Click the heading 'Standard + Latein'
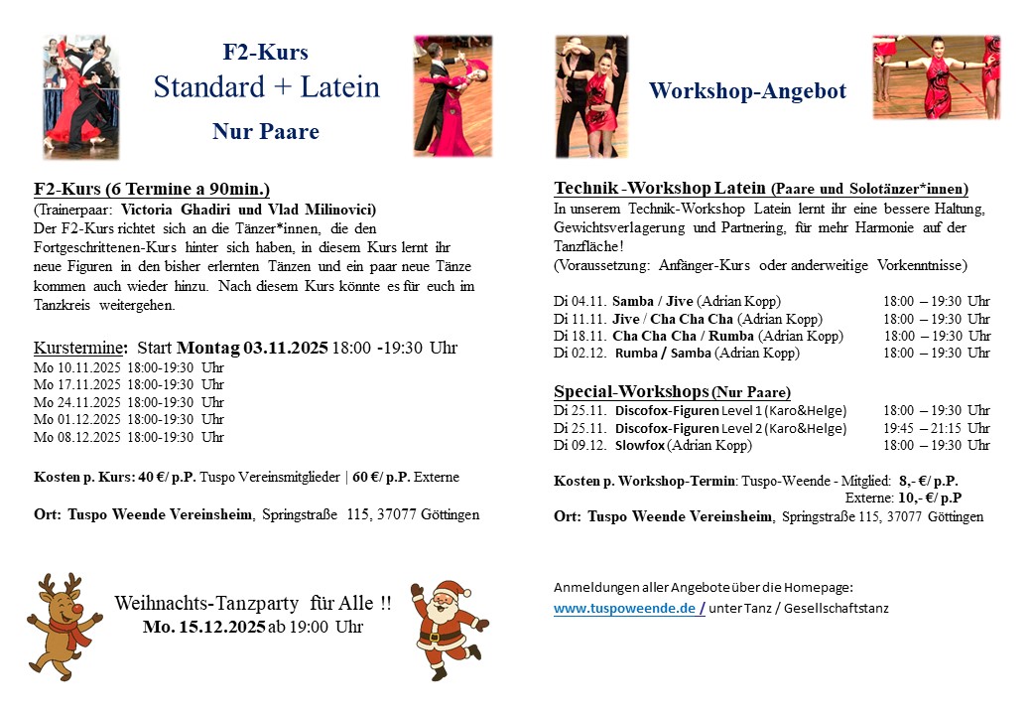tap(266, 87)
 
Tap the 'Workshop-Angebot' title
tap(747, 91)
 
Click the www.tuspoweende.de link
tap(625, 609)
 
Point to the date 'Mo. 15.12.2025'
tap(203, 627)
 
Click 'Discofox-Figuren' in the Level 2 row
tap(666, 428)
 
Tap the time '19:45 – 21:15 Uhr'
tap(936, 428)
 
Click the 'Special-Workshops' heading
tap(630, 391)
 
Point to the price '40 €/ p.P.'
tap(168, 477)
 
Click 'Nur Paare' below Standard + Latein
tap(266, 131)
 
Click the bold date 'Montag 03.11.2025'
tap(252, 348)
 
